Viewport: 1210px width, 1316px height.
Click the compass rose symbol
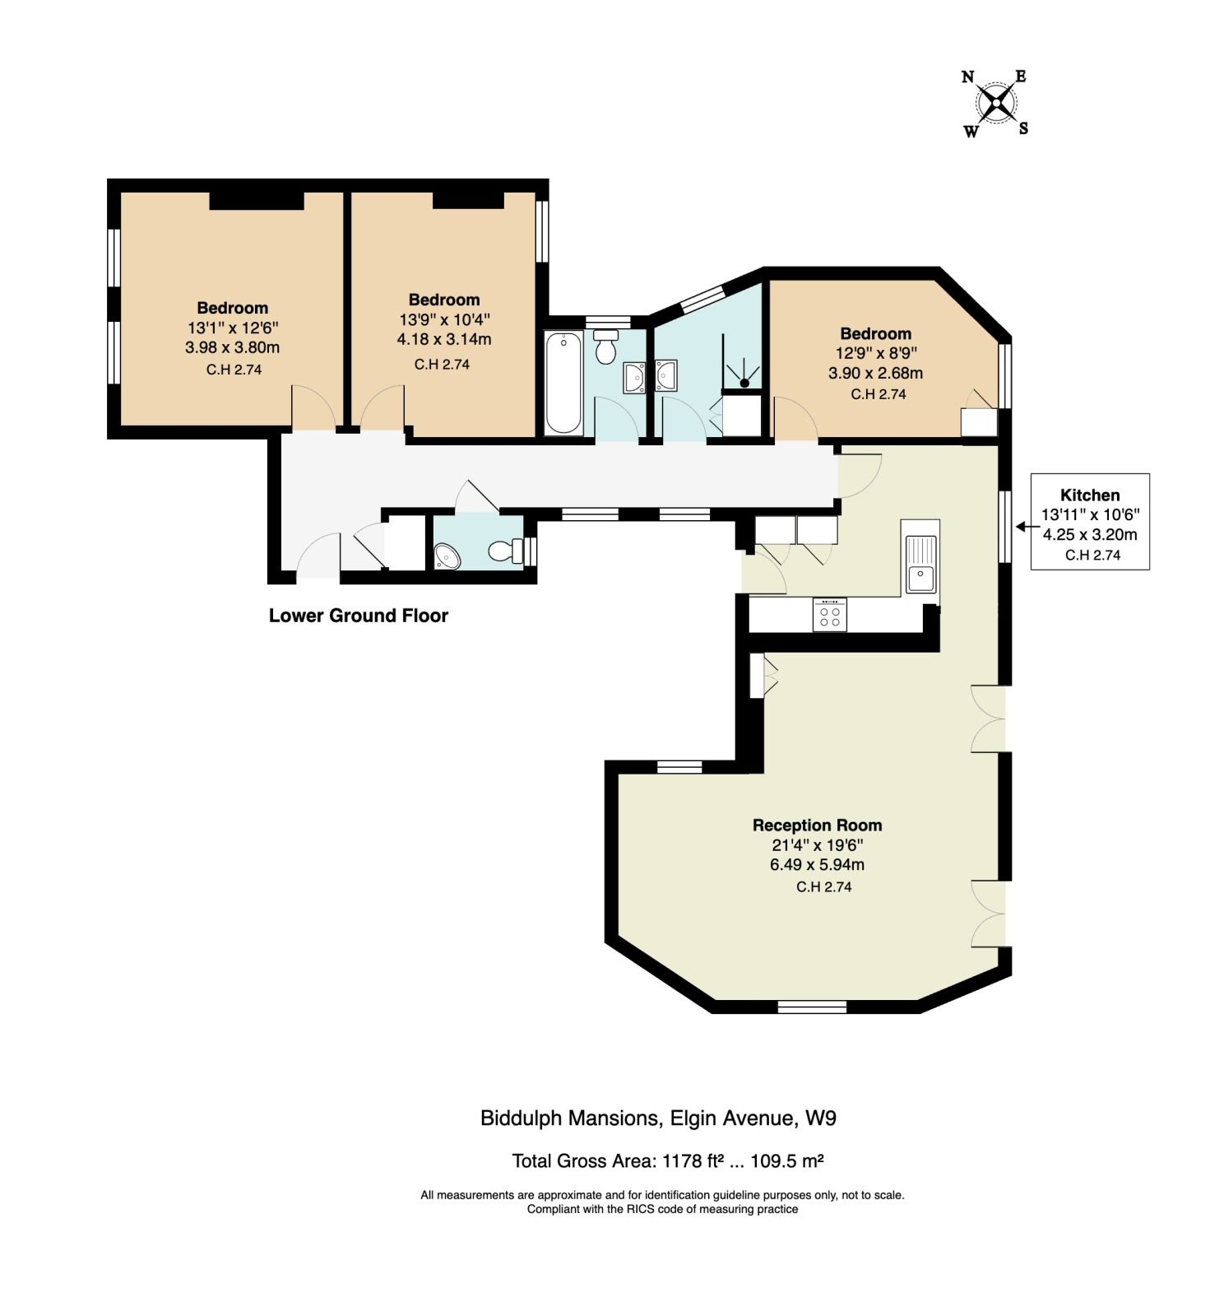pos(996,104)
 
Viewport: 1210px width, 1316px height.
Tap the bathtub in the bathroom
pos(563,383)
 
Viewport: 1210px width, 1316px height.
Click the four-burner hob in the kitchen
pos(830,614)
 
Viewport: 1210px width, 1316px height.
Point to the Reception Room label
pos(817,825)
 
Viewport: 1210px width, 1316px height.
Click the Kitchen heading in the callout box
pos(1090,495)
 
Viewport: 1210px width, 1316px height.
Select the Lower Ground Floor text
pos(359,616)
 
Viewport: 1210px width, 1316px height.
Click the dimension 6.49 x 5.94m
pos(817,865)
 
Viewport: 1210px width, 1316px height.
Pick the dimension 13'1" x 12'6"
pos(232,328)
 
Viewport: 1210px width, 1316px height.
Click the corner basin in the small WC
pos(447,556)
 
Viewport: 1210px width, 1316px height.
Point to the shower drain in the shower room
pos(744,382)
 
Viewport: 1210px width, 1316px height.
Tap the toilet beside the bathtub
pos(606,346)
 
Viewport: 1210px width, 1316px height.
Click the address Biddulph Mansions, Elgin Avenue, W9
pos(658,1118)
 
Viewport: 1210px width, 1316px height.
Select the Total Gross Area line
pos(668,1161)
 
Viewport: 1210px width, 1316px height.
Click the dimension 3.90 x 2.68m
pos(875,373)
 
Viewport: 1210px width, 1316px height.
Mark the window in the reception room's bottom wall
pos(812,1007)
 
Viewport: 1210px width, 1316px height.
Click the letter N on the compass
pos(968,77)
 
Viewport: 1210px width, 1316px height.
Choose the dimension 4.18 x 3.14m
pos(444,339)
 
